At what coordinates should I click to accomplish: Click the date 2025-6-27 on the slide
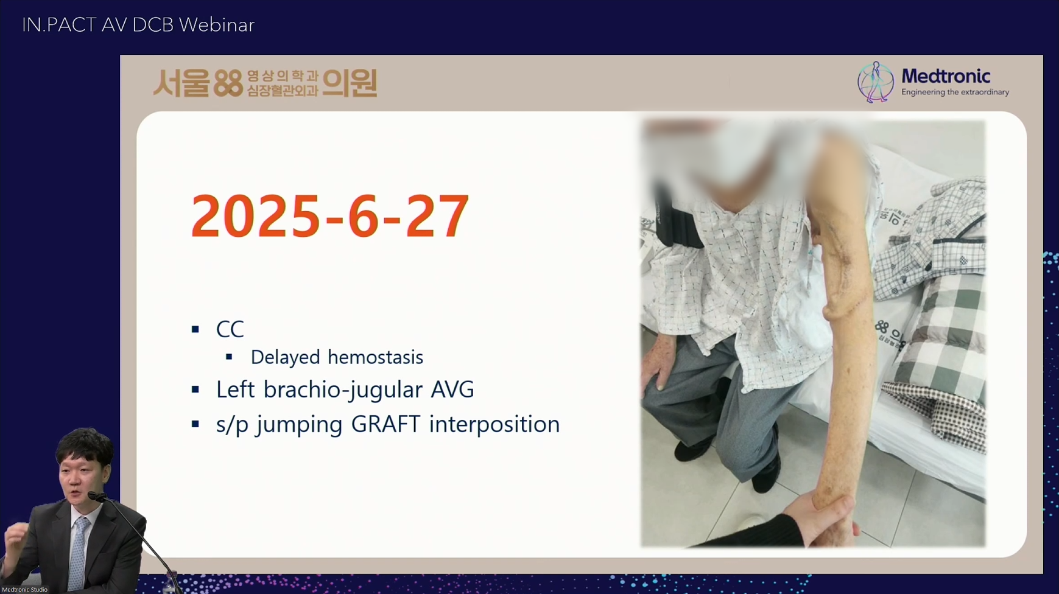point(329,216)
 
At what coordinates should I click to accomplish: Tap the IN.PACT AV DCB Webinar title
point(138,25)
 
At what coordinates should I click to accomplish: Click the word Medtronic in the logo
point(946,76)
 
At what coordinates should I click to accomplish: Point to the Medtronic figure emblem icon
point(875,82)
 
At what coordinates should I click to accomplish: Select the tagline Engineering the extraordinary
point(955,93)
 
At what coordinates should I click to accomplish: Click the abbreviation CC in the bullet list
point(230,329)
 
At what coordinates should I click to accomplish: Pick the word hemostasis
point(375,357)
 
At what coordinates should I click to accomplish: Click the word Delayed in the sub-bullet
point(286,357)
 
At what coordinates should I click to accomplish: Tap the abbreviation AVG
point(452,390)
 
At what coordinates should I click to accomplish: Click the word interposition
point(494,425)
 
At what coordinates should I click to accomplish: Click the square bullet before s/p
point(195,424)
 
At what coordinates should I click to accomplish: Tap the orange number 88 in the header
point(228,83)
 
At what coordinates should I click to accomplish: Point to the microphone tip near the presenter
point(93,496)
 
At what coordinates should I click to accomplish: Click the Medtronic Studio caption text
point(25,590)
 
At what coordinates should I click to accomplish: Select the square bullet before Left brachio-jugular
point(195,390)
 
